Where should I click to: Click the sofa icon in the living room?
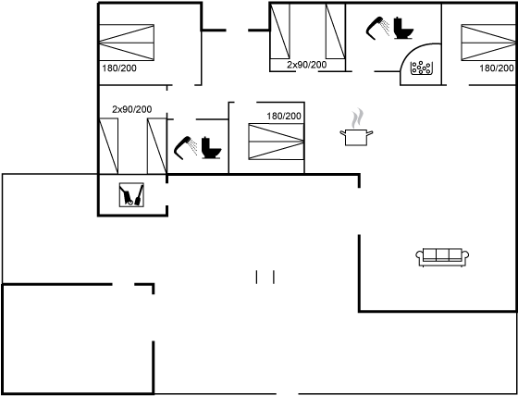pyautogui.click(x=442, y=257)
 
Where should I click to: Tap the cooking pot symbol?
pyautogui.click(x=356, y=137)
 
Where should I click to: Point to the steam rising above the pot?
pyautogui.click(x=357, y=118)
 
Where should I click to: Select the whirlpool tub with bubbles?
pyautogui.click(x=421, y=68)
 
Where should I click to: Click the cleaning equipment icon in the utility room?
pyautogui.click(x=131, y=194)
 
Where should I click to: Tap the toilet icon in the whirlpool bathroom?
pyautogui.click(x=403, y=28)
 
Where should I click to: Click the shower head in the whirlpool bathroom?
pyautogui.click(x=377, y=28)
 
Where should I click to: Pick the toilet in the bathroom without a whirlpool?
pyautogui.click(x=212, y=147)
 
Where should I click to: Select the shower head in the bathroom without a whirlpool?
pyautogui.click(x=185, y=147)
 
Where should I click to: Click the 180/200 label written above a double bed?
pyautogui.click(x=284, y=116)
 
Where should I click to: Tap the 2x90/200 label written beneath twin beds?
pyautogui.click(x=306, y=65)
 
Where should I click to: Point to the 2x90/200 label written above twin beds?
pyautogui.click(x=131, y=109)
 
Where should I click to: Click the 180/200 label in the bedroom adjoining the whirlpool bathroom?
pyautogui.click(x=497, y=68)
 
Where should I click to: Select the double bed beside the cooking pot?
pyautogui.click(x=276, y=142)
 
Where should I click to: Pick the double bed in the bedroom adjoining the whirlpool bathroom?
pyautogui.click(x=488, y=43)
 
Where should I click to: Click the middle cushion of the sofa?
pyautogui.click(x=442, y=254)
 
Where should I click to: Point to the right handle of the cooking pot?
pyautogui.click(x=370, y=133)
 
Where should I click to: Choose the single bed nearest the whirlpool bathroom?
pyautogui.click(x=335, y=31)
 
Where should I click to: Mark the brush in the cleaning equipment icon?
pyautogui.click(x=139, y=195)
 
